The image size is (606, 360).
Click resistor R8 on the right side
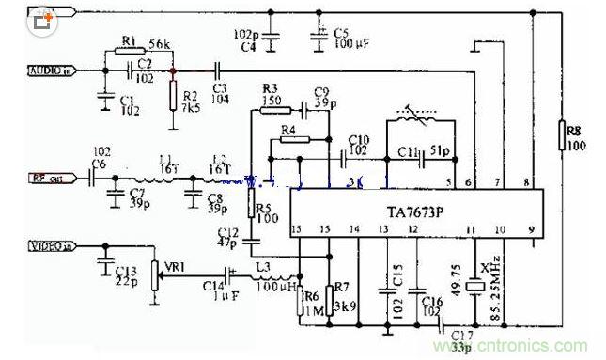[x=562, y=135]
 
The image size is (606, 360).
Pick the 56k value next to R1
[x=161, y=45]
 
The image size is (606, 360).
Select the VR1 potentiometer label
[x=174, y=266]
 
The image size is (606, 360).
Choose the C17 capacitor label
[x=461, y=336]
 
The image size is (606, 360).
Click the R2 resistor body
[x=173, y=95]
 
